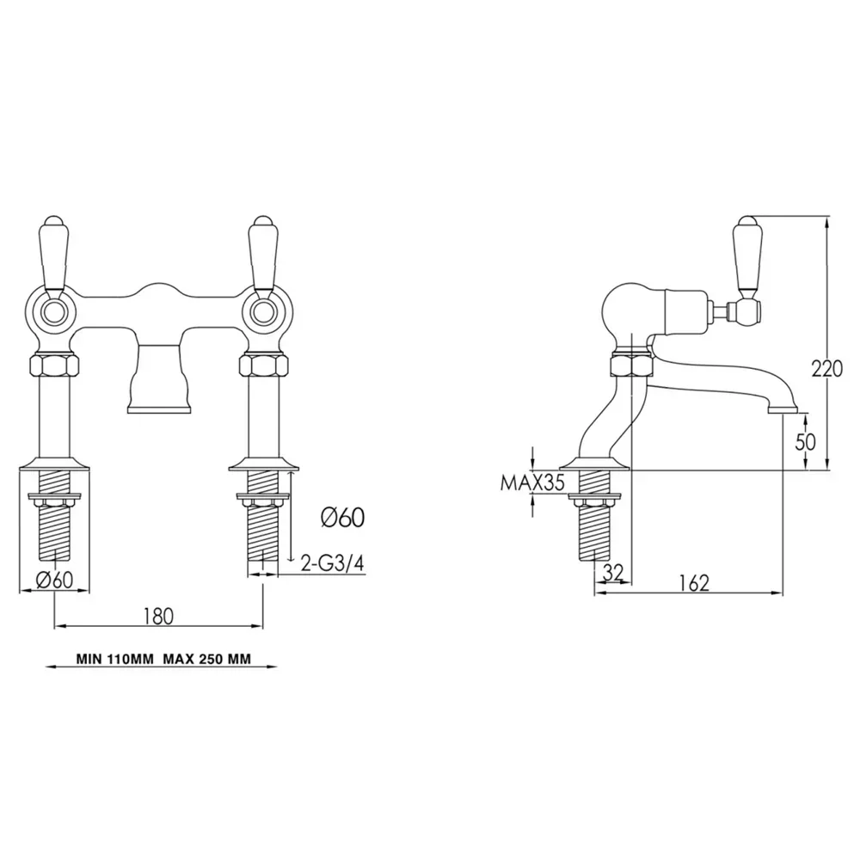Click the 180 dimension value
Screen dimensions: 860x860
pyautogui.click(x=158, y=616)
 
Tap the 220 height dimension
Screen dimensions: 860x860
pyautogui.click(x=826, y=369)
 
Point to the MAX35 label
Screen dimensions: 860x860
pyautogui.click(x=532, y=482)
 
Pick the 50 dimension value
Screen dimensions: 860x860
pyautogui.click(x=805, y=441)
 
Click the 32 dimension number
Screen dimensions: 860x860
pyautogui.click(x=613, y=573)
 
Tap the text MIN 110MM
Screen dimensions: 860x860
pyautogui.click(x=115, y=659)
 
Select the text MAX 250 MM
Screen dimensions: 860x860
pyautogui.click(x=206, y=659)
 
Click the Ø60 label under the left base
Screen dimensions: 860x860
pyautogui.click(x=54, y=580)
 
